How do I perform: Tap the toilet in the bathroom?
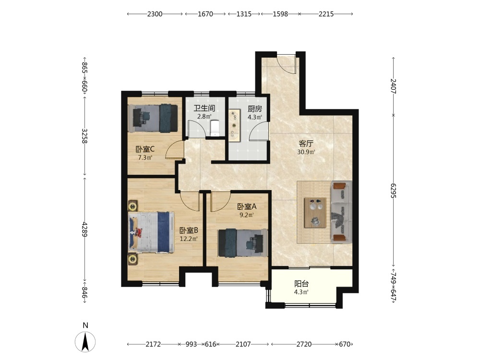(x=215, y=128)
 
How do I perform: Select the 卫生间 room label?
(x=204, y=108)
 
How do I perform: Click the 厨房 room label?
(x=255, y=108)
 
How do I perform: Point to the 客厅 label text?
(x=306, y=144)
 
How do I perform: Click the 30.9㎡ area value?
(x=306, y=152)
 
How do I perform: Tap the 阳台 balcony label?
(x=301, y=284)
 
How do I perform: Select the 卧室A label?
(x=247, y=206)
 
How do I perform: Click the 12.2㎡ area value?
(x=189, y=239)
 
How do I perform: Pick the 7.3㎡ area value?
(x=145, y=158)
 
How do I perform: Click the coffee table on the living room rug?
(x=315, y=213)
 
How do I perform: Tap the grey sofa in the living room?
(x=341, y=212)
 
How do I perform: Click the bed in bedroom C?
(x=153, y=118)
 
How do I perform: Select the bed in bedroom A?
(x=243, y=243)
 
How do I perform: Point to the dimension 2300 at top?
(x=155, y=14)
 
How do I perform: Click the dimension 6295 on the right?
(x=394, y=191)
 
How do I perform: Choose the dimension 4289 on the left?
(x=85, y=229)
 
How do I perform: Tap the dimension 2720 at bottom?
(x=304, y=344)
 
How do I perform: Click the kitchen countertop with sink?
(x=234, y=125)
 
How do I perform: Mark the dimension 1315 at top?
(x=244, y=14)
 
